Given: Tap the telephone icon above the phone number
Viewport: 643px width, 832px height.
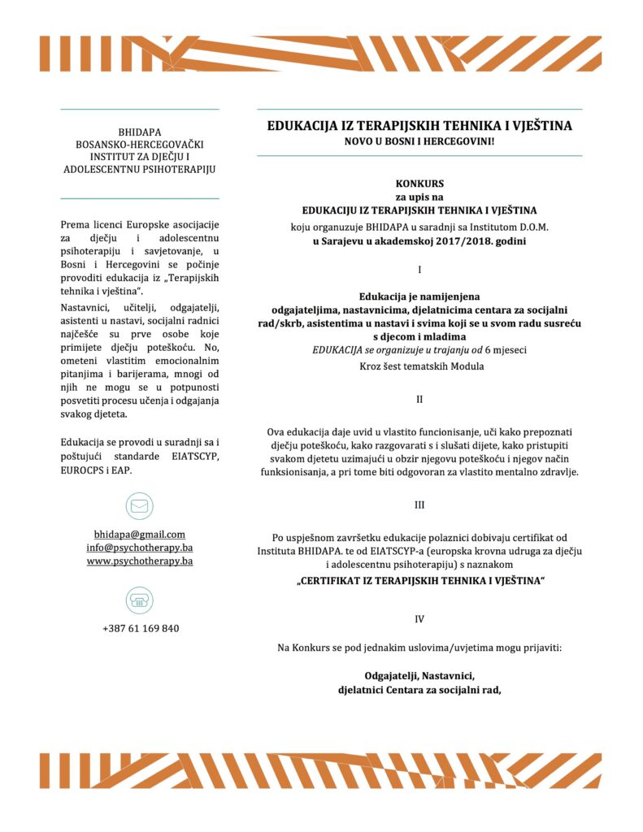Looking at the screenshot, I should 139,600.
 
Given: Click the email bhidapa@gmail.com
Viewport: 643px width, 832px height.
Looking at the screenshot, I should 139,534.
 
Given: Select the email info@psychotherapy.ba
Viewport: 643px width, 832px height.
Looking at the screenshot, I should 139,547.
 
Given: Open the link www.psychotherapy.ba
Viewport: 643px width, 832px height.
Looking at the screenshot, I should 139,561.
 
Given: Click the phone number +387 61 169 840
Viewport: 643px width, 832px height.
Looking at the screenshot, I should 140,628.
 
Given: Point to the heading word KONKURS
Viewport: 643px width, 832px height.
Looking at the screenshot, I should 419,184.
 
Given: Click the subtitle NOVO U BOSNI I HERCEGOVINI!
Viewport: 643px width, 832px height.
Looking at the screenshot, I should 419,141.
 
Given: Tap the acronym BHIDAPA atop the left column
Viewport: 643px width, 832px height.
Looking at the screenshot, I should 140,130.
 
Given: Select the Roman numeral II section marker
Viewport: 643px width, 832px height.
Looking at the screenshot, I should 419,399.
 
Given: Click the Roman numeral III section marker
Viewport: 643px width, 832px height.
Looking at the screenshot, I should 419,505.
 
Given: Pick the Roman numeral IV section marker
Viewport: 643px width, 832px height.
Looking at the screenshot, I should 419,618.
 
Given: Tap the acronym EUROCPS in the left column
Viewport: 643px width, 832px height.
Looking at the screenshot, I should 84,470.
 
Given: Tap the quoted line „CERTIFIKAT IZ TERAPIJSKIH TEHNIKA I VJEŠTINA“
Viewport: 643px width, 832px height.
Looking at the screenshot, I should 419,581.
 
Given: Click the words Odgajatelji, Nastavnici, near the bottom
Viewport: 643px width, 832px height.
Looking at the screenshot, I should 419,675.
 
